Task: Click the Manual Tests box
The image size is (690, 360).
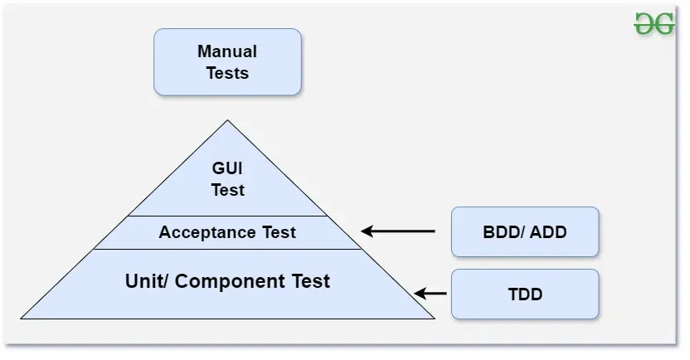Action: click(x=227, y=62)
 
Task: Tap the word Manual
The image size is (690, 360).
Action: click(x=227, y=51)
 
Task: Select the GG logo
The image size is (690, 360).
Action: click(x=654, y=24)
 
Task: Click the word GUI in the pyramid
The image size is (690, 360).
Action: click(x=227, y=168)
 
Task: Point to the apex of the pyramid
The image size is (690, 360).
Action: click(x=227, y=121)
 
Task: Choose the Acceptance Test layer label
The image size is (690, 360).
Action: click(x=227, y=232)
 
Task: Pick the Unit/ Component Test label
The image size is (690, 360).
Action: click(x=227, y=281)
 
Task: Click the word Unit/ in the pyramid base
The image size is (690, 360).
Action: click(x=146, y=281)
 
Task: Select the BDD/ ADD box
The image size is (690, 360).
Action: click(x=524, y=231)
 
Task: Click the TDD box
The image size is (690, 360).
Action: click(x=524, y=294)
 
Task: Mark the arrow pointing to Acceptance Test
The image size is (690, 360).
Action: click(x=398, y=231)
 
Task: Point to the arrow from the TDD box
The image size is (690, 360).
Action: click(x=430, y=293)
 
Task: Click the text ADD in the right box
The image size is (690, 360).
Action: click(x=549, y=231)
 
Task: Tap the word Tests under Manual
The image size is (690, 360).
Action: click(x=227, y=73)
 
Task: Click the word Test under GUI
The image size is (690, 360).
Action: click(x=227, y=190)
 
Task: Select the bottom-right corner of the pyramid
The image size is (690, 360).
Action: click(x=434, y=318)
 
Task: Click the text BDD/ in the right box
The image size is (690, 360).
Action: click(x=504, y=231)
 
